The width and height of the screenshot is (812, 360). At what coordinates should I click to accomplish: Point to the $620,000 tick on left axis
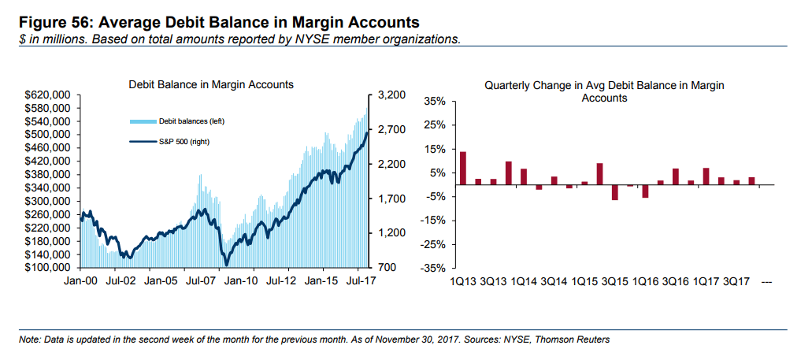[50, 95]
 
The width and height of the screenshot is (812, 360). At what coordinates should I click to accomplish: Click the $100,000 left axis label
[50, 268]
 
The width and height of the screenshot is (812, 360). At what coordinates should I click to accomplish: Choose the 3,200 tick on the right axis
[391, 95]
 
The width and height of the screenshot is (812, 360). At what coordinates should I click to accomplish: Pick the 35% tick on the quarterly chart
[436, 102]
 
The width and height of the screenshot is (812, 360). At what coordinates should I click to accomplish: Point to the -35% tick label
[435, 268]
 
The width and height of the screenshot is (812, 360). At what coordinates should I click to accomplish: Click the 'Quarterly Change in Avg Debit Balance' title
[604, 85]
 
